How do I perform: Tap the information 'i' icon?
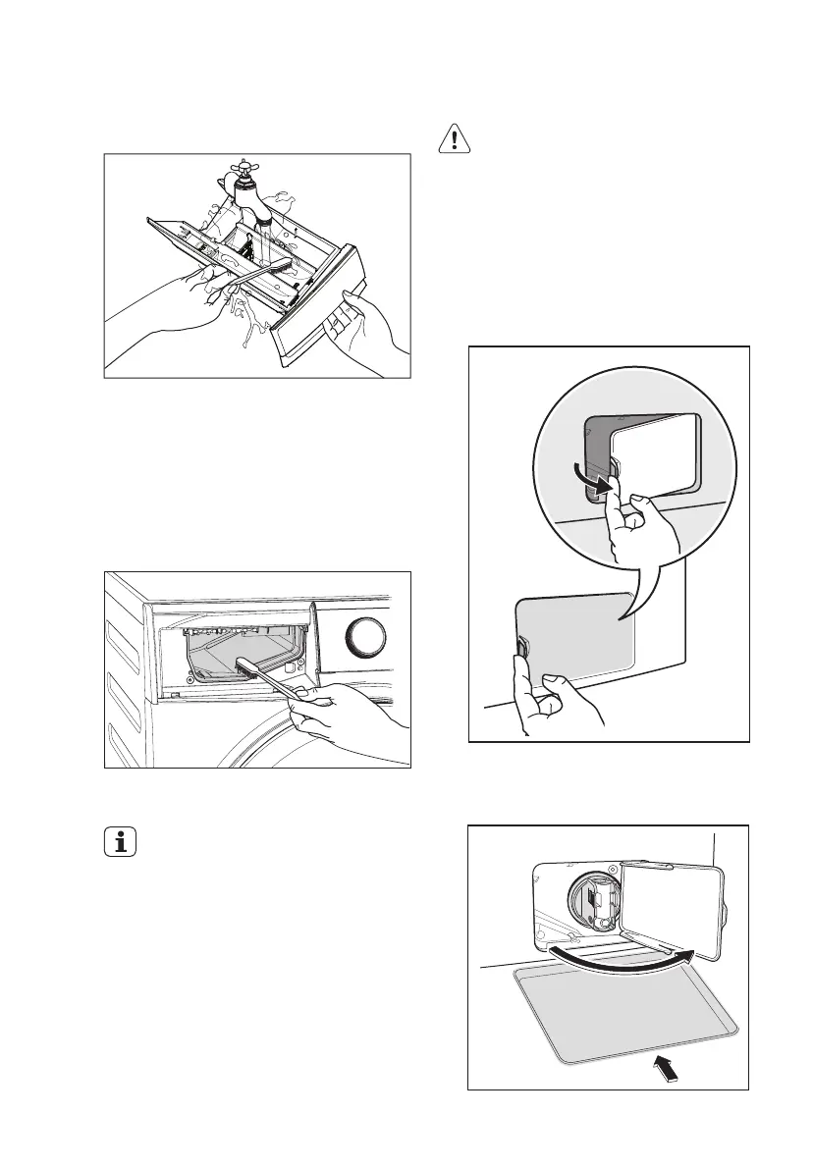point(121,841)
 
